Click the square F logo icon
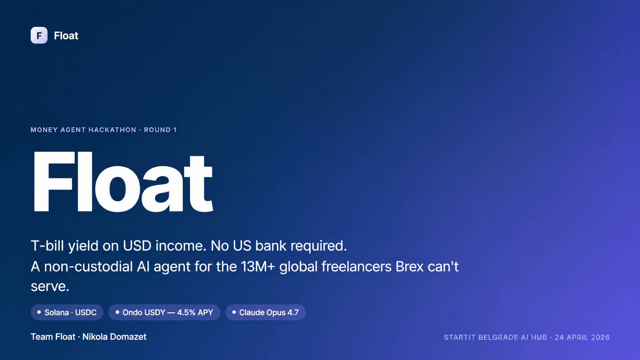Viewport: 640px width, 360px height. click(39, 36)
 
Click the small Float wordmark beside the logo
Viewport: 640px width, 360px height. click(66, 36)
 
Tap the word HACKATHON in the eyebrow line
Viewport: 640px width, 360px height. click(112, 130)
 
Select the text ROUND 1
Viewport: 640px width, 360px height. click(160, 130)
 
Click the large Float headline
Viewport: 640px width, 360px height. click(123, 182)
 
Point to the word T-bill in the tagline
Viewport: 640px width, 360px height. click(47, 246)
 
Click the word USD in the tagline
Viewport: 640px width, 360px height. click(137, 246)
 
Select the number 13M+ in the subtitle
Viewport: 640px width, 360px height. click(258, 267)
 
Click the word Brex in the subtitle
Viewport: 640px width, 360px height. click(410, 267)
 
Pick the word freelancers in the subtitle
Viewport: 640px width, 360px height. click(356, 267)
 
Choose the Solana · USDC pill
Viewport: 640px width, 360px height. click(67, 312)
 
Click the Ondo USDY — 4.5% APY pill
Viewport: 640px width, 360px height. click(164, 312)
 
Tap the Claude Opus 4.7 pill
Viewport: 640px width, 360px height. click(265, 312)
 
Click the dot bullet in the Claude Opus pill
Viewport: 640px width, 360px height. click(234, 312)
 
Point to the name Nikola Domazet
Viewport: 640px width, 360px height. click(114, 337)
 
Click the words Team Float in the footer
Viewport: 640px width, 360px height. click(53, 337)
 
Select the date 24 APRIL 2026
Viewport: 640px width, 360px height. click(582, 337)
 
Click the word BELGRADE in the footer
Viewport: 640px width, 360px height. click(498, 337)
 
